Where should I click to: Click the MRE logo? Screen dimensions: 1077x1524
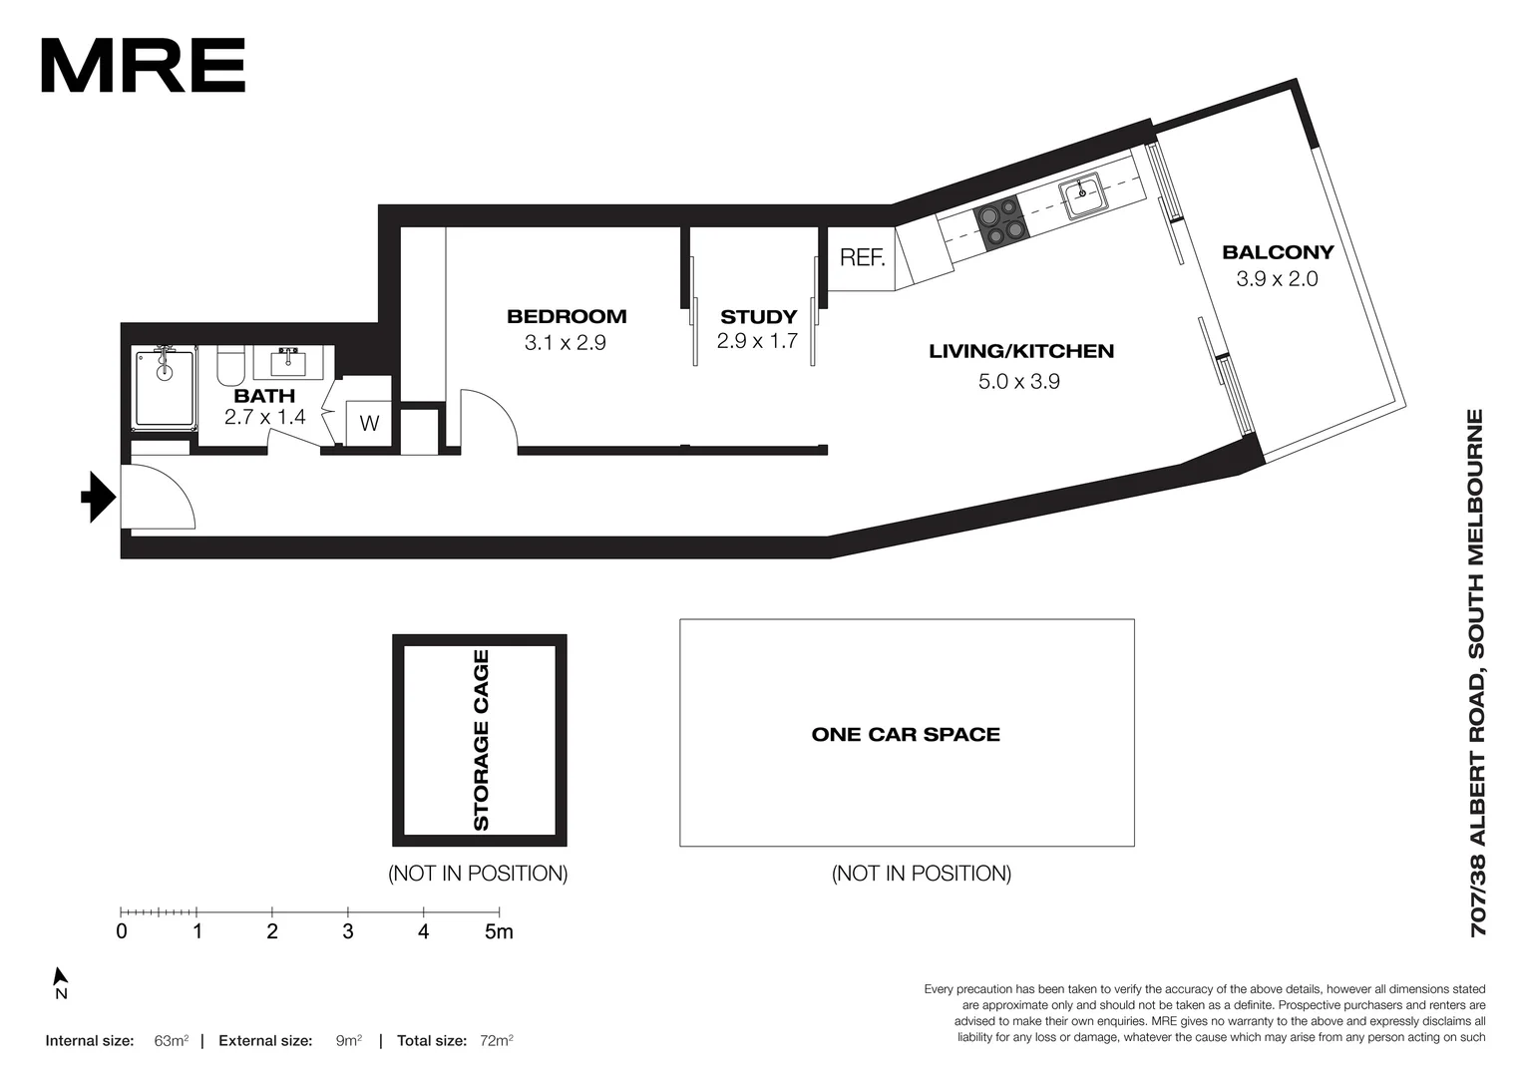(143, 66)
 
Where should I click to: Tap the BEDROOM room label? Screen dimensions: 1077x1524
(567, 317)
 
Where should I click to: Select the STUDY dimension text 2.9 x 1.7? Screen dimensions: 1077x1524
(757, 342)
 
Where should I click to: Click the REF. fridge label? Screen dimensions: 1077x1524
(862, 258)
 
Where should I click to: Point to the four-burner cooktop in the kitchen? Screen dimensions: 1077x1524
(999, 221)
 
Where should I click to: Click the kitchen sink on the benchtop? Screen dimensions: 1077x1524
(1081, 194)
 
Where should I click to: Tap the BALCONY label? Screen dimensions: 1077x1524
(1278, 252)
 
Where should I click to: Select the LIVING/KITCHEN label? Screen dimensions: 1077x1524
(1021, 351)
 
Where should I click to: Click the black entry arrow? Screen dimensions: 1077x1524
(98, 497)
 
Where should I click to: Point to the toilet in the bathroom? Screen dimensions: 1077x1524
(230, 366)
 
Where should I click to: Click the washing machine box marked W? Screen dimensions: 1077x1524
(369, 423)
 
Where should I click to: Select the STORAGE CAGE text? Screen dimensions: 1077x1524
(481, 740)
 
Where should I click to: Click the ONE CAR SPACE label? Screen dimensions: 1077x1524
(906, 735)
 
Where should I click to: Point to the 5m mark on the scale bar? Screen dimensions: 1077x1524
(499, 931)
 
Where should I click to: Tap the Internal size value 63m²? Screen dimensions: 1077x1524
(172, 1041)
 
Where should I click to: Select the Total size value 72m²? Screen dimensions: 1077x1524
(496, 1041)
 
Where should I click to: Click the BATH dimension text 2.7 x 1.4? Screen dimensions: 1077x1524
(264, 417)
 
